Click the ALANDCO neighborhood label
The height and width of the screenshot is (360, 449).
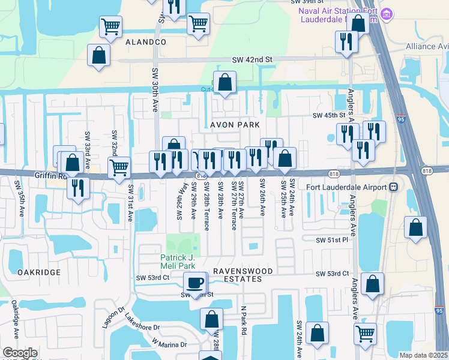click(146, 43)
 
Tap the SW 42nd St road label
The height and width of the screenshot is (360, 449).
click(252, 60)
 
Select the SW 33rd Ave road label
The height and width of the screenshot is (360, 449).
click(88, 145)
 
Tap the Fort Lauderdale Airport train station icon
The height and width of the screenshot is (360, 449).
click(393, 187)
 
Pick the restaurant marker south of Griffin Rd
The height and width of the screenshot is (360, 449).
click(78, 187)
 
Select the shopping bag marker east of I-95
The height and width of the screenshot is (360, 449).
click(415, 227)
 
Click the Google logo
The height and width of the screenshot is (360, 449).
click(20, 353)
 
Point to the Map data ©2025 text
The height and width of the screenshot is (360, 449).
click(423, 355)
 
